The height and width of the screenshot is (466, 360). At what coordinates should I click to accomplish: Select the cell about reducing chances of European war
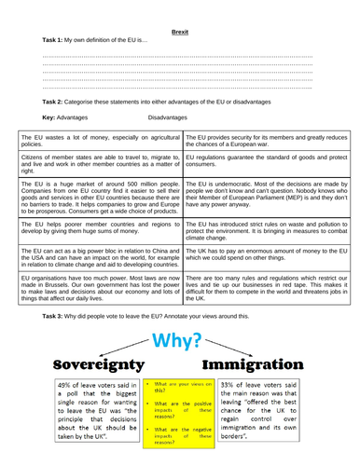pyautogui.click(x=266, y=141)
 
